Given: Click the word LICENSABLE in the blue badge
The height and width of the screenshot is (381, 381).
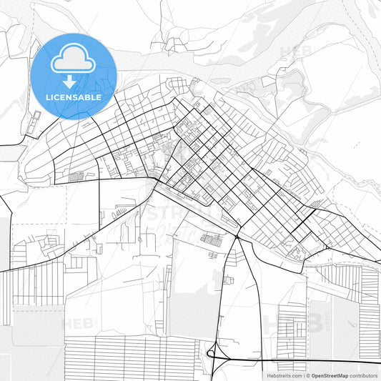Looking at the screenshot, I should pyautogui.click(x=73, y=96).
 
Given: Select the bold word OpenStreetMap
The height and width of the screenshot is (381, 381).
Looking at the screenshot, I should pyautogui.click(x=329, y=375).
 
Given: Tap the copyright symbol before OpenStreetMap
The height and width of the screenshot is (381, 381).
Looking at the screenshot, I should pyautogui.click(x=308, y=375).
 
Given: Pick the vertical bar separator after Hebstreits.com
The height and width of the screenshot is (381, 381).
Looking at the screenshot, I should pyautogui.click(x=303, y=375).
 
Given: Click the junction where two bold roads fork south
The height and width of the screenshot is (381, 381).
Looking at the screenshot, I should pyautogui.click(x=237, y=236).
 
